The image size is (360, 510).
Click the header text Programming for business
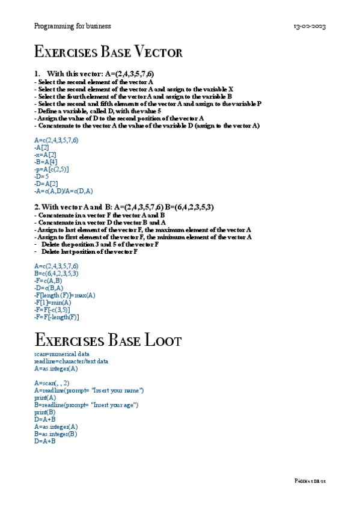click(x=73, y=26)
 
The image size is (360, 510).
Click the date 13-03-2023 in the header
click(x=310, y=27)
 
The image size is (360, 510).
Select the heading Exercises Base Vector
click(x=109, y=52)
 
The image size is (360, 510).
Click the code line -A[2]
click(x=42, y=147)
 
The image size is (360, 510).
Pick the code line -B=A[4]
click(x=46, y=162)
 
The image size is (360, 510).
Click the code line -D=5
click(x=42, y=176)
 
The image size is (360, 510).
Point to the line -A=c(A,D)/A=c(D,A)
click(x=64, y=191)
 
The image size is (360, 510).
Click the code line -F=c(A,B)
click(x=48, y=280)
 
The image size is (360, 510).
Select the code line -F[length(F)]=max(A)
click(x=65, y=295)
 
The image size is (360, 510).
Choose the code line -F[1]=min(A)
click(x=53, y=302)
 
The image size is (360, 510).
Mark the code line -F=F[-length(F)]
click(x=56, y=316)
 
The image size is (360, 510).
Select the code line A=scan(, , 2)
click(x=52, y=383)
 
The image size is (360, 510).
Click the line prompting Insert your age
click(x=87, y=405)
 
